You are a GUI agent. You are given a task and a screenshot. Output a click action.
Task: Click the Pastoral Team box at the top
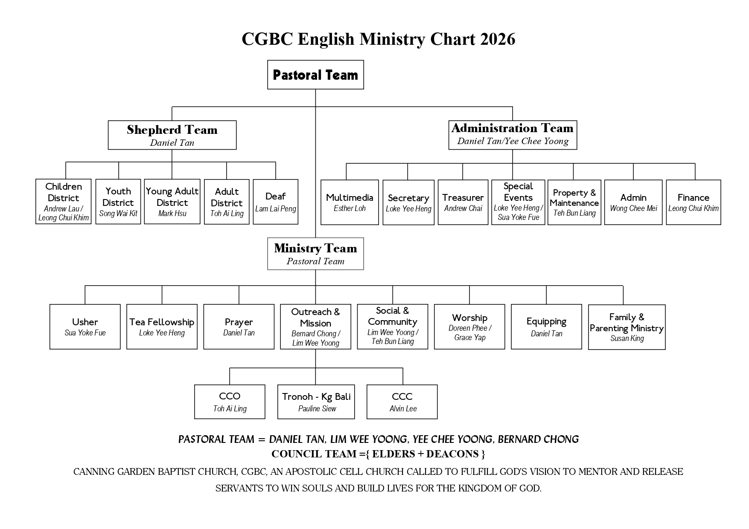[315, 75]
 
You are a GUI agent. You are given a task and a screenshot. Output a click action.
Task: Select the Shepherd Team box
[172, 135]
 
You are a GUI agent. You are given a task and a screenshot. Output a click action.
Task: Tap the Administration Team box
[513, 135]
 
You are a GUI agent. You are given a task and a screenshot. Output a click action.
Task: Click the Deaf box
[275, 202]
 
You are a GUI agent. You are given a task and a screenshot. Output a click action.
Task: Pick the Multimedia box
[350, 202]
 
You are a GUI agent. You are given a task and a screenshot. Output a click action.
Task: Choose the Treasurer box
[463, 202]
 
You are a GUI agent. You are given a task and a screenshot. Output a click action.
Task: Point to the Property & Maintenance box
[574, 202]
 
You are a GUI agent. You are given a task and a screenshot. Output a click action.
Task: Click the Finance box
[693, 202]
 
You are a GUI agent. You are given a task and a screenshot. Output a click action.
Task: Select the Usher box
[85, 327]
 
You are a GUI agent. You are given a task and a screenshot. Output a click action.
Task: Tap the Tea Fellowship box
[162, 327]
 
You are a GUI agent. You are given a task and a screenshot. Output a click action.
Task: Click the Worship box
[469, 327]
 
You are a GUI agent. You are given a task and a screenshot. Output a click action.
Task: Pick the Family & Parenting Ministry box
[627, 327]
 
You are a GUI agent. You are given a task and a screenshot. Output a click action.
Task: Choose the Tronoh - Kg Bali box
[316, 402]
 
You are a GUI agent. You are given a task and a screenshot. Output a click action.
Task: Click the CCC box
[402, 402]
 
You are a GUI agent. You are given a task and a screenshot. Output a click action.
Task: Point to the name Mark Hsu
[172, 214]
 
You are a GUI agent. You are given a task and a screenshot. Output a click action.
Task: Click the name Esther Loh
[350, 208]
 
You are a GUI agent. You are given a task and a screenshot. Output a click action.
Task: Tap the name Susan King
[627, 338]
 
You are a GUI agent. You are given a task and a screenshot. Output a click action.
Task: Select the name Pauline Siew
[317, 409]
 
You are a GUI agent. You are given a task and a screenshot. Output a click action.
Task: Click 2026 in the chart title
[498, 39]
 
